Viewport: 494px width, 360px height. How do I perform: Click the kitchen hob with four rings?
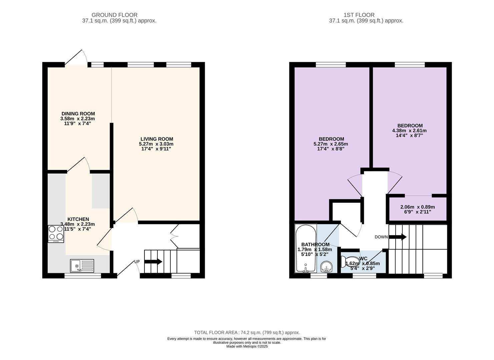coord(56,234)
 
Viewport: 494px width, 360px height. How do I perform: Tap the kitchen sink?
coord(82,266)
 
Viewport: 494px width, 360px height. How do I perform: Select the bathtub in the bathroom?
coord(306,248)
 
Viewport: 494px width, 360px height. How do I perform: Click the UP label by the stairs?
coord(137,262)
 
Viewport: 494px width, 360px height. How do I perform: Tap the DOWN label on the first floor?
coord(381,237)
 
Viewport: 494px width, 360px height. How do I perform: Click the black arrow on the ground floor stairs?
coord(153,262)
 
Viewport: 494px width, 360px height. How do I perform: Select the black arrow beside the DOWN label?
coord(398,237)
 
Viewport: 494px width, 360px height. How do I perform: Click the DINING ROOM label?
coord(78,114)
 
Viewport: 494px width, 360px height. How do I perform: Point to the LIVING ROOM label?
coord(157,139)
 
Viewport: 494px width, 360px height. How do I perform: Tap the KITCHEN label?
coord(78,219)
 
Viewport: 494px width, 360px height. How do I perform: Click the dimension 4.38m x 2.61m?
coord(409,131)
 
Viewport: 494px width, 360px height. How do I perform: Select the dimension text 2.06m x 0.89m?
coord(418,207)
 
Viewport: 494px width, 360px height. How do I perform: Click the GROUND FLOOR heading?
coord(114,15)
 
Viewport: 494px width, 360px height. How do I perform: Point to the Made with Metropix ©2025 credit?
coord(247,346)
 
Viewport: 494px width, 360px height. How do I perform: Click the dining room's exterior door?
coord(76,57)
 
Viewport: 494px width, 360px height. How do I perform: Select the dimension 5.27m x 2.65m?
coord(331,144)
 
